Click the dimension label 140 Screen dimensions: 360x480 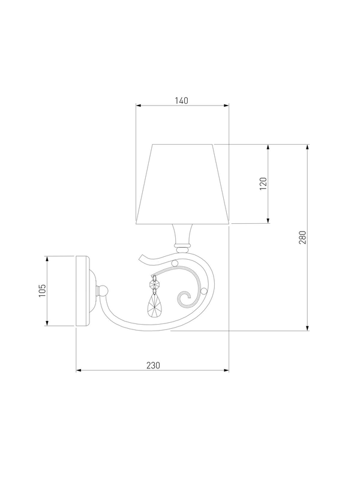[x=182, y=100]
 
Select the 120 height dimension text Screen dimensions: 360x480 [x=263, y=184]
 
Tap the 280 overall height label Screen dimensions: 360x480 [x=302, y=237]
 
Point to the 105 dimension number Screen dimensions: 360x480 [x=42, y=290]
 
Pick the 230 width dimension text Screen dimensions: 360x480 [x=153, y=365]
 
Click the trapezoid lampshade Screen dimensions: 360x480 [x=183, y=184]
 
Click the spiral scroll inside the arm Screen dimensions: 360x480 [x=185, y=298]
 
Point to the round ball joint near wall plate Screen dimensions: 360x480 [x=103, y=290]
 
